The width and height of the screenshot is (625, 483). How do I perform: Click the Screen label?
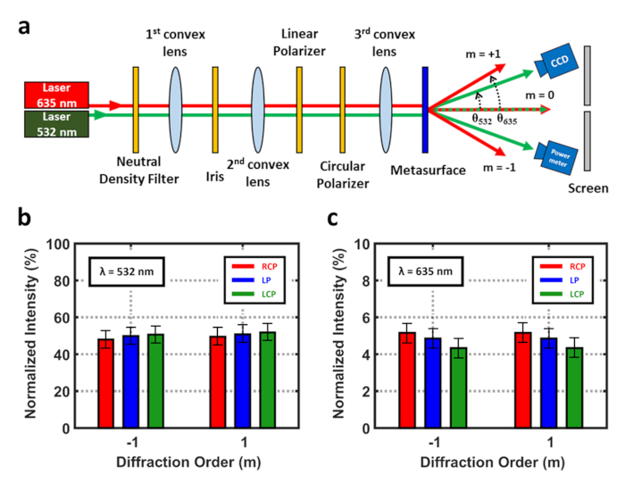tap(587, 188)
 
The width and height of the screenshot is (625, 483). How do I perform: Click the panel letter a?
tap(27, 27)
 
